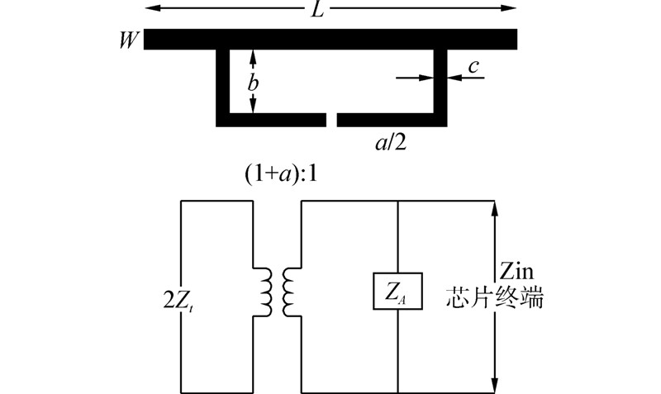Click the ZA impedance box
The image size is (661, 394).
398,291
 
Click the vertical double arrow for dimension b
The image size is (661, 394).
254,81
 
